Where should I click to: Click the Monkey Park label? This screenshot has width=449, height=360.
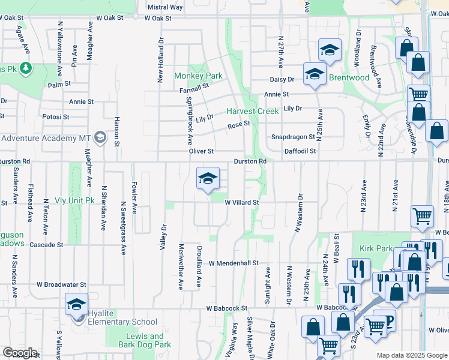point(198,76)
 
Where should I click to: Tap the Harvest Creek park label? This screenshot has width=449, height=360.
point(253,112)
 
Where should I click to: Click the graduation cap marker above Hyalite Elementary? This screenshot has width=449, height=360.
point(77,304)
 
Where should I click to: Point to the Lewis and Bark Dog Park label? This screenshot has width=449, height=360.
point(145,340)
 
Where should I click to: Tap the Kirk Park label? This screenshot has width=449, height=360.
point(376,248)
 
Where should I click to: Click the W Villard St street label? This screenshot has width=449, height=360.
point(242,203)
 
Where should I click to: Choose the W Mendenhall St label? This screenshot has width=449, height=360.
point(234,263)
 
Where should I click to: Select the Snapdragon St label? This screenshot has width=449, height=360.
point(292,137)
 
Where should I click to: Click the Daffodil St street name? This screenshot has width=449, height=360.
point(300,151)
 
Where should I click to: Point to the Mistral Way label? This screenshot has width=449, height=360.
point(165,7)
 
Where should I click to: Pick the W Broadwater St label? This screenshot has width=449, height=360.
point(61,284)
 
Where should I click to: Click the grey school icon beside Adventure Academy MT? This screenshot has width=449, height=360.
point(100,138)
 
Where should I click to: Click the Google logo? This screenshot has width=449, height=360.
point(20,353)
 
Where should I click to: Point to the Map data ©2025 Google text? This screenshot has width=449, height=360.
point(412,355)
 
